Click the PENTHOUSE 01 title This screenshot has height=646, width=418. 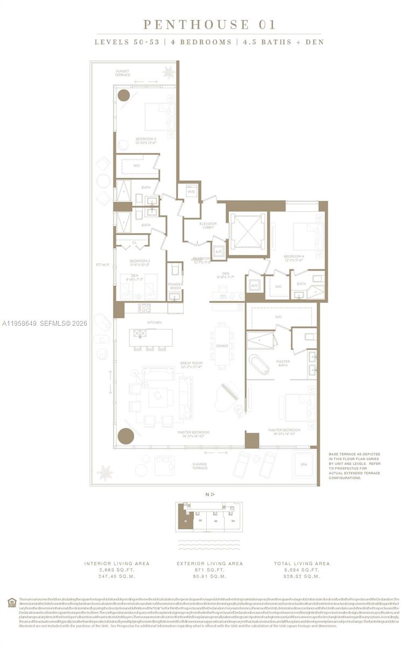[209, 25]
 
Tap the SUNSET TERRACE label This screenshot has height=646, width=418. [122, 73]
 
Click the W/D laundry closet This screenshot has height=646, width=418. [191, 192]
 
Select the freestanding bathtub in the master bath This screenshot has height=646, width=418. [258, 364]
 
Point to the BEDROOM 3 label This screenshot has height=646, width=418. [145, 141]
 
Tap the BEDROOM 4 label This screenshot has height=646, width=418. [294, 258]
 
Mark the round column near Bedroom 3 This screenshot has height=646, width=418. [124, 96]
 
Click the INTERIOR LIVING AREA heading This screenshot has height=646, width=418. [116, 563]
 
